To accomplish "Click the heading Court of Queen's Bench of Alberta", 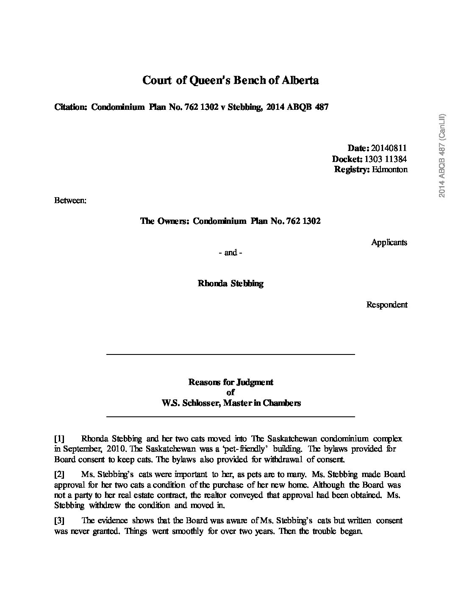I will tap(230, 80).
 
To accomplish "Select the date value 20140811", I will tap(389, 148).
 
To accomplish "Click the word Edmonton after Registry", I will tap(389, 169).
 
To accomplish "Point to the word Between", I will tap(70, 200).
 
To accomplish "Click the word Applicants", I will tap(389, 242).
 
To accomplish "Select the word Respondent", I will tap(386, 304).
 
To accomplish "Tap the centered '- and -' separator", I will tap(230, 253).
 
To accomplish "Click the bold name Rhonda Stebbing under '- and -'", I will tap(230, 284).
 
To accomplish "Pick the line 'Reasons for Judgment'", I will tap(230, 382).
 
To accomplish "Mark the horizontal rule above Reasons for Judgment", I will tap(230, 354).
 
